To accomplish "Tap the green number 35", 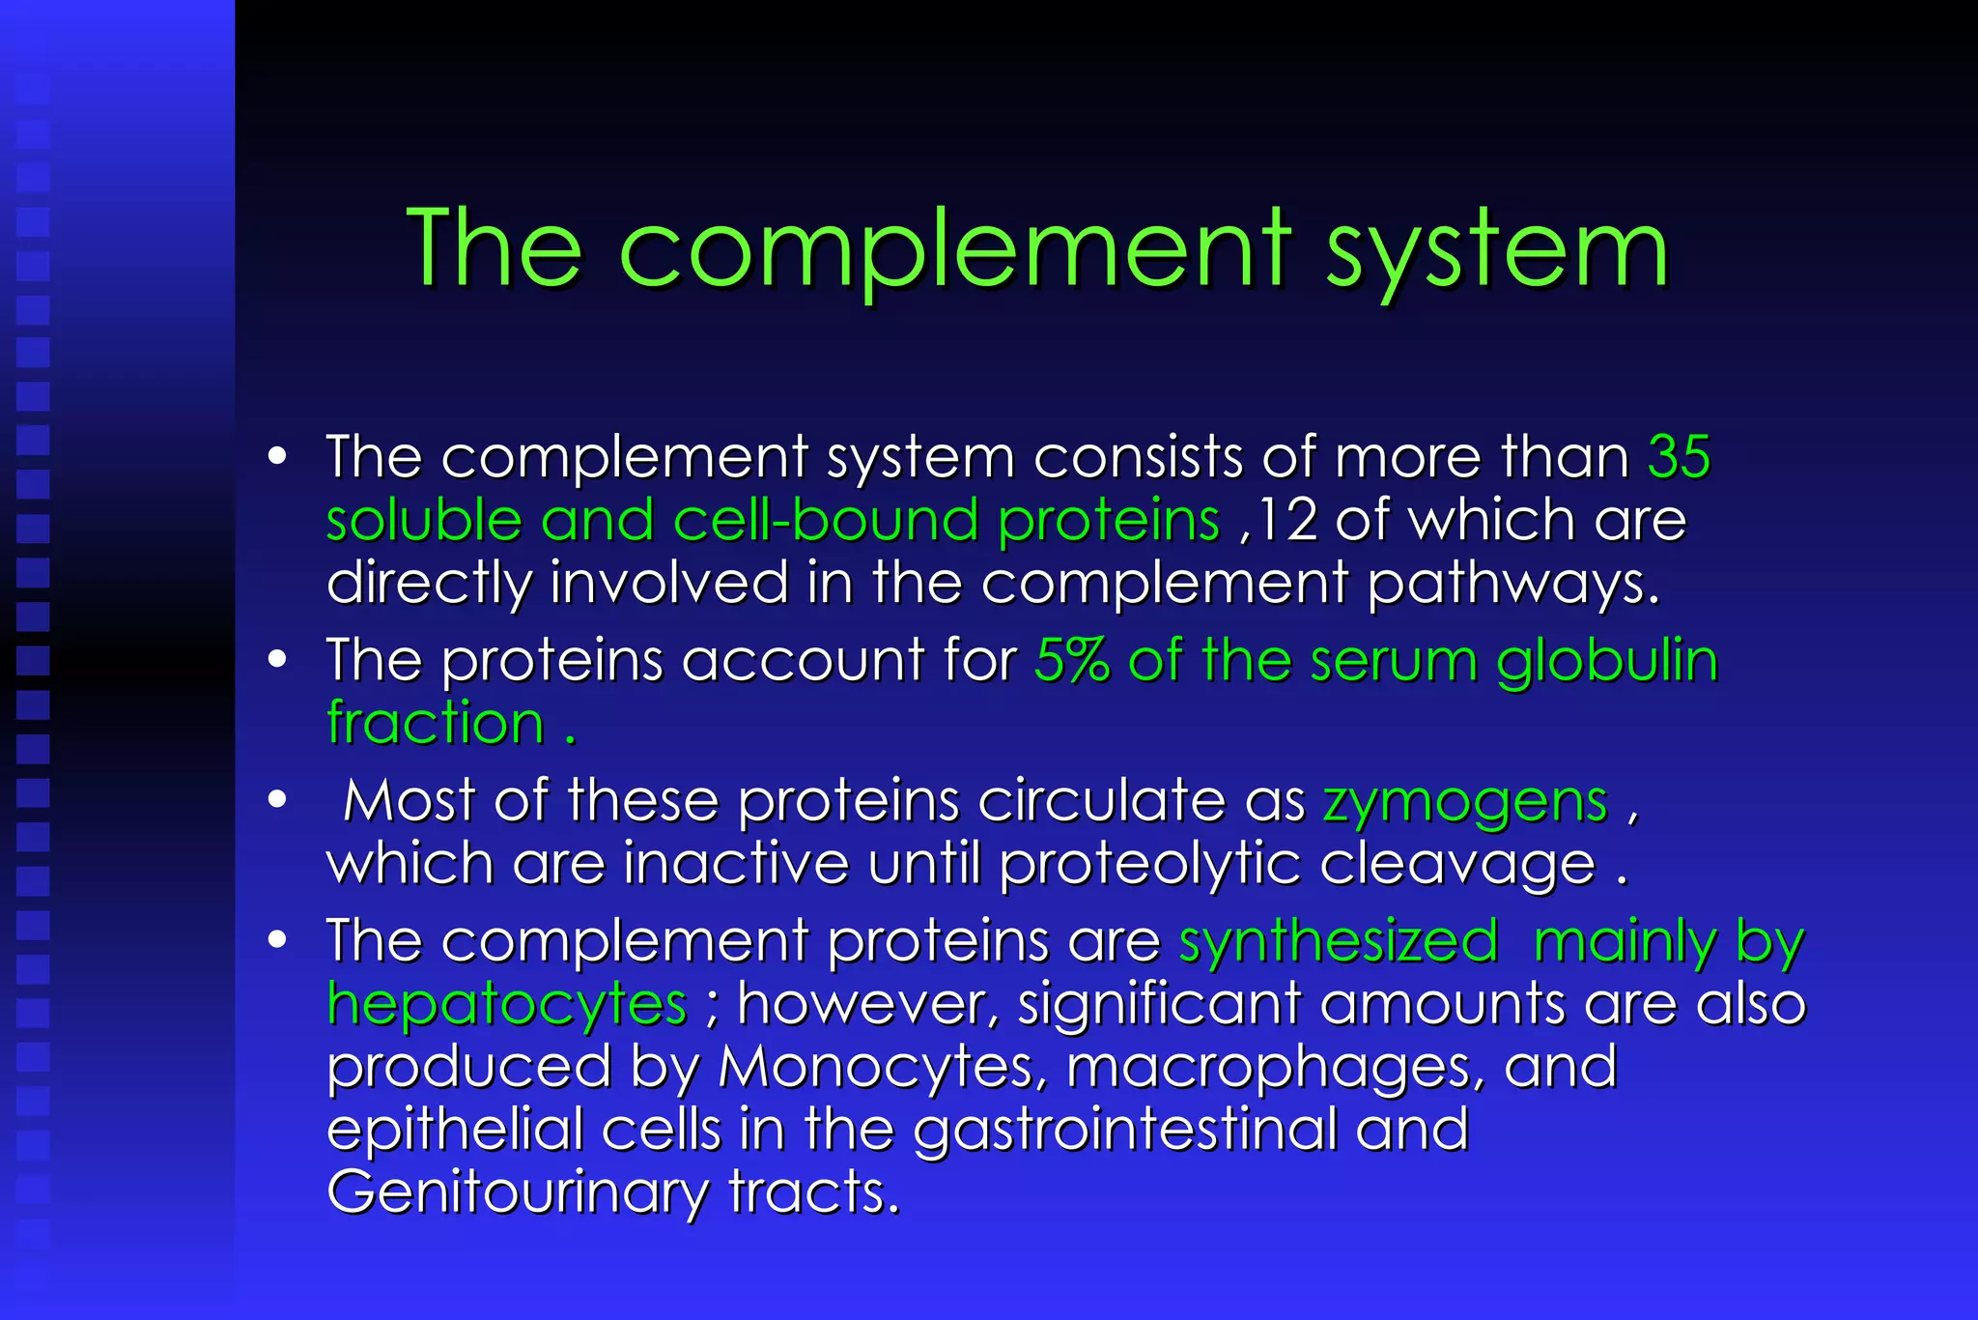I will [1679, 456].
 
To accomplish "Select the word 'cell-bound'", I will [826, 520].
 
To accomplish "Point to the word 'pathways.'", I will [1513, 585].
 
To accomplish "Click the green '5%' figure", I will [1071, 661].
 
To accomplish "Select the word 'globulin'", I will [1607, 661].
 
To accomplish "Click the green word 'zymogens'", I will [1465, 802].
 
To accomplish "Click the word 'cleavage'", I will [1457, 864].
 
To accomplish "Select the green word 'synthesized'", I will [1339, 941].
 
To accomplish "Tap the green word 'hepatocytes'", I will [507, 1004].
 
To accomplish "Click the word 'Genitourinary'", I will [518, 1192].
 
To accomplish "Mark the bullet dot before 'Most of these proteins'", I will [278, 800].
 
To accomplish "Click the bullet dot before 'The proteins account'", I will [278, 660].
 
